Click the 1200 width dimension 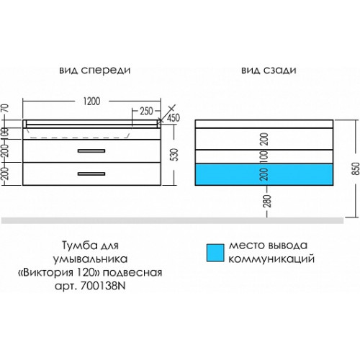click(x=91, y=102)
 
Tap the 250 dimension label click(x=146, y=111)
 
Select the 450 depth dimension click(x=174, y=118)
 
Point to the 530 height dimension click(x=176, y=155)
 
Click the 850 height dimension click(x=356, y=168)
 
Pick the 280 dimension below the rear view click(x=268, y=201)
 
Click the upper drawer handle click(x=91, y=150)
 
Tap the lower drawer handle click(x=91, y=174)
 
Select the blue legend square click(x=215, y=253)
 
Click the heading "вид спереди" click(x=95, y=70)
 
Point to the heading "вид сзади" click(x=269, y=71)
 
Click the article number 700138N click(x=103, y=286)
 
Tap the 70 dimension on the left click(x=5, y=108)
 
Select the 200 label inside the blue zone click(x=264, y=174)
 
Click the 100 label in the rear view click(x=264, y=156)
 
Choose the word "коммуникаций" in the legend click(x=271, y=259)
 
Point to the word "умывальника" click(x=90, y=258)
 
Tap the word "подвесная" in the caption click(x=132, y=272)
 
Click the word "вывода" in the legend click(x=287, y=246)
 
